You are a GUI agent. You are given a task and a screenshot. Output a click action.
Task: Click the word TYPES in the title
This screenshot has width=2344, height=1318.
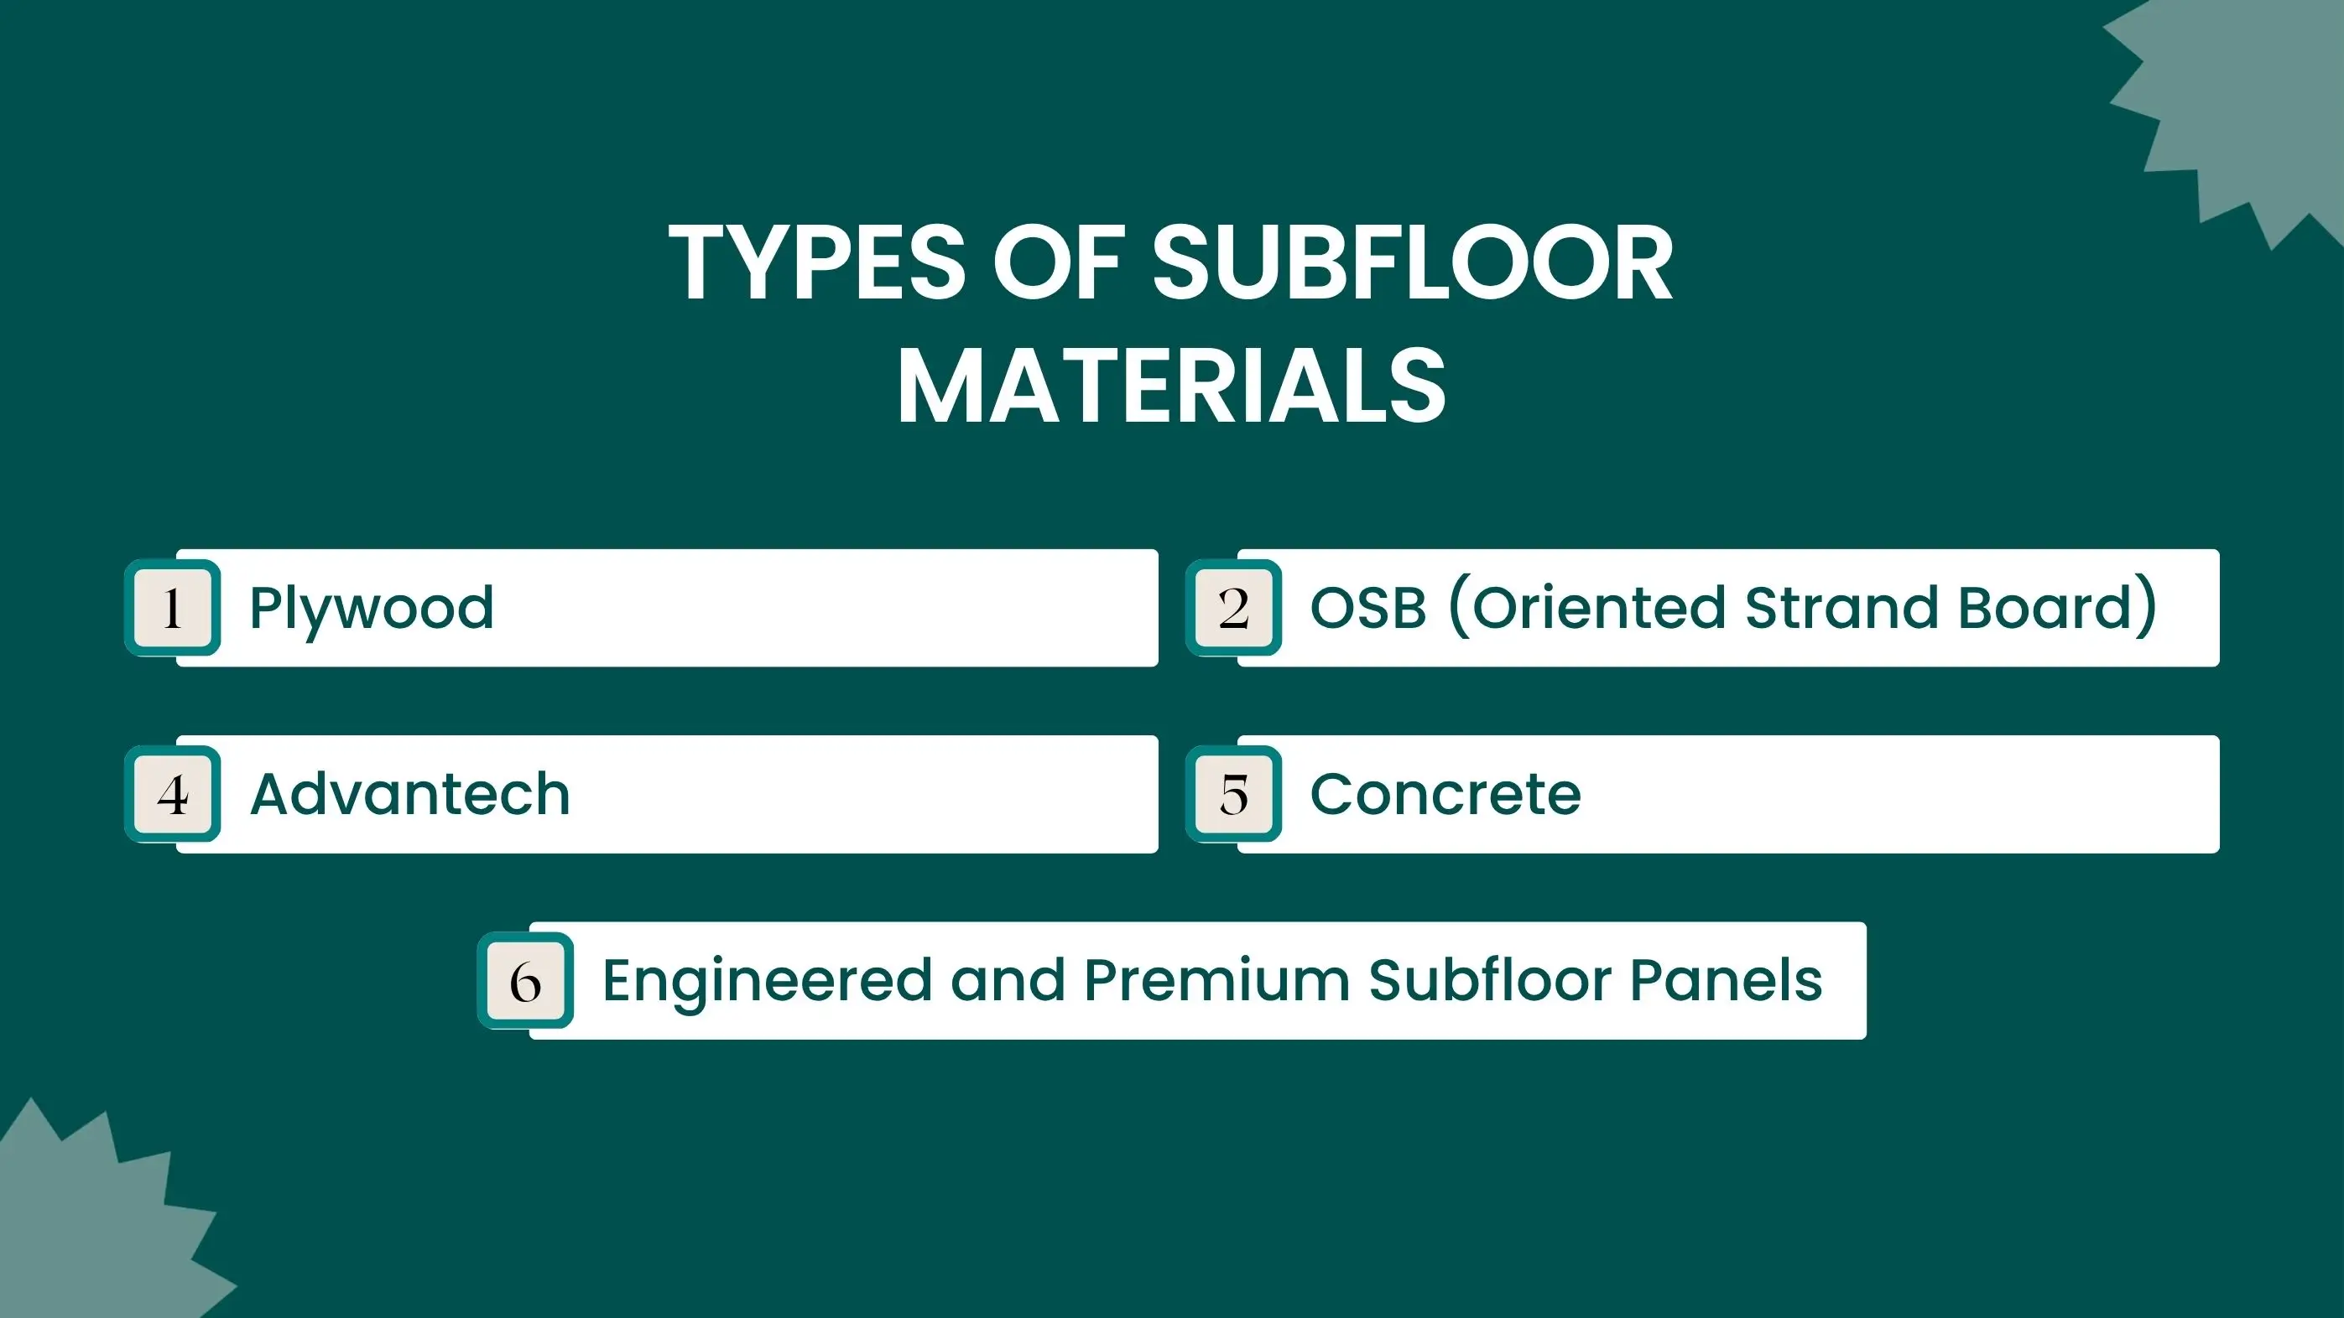point(817,263)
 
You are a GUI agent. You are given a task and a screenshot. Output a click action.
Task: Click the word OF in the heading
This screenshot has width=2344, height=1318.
point(1060,263)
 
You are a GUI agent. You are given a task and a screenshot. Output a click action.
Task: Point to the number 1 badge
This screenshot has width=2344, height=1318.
point(173,608)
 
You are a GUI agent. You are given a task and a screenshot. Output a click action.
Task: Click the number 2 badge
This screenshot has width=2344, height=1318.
point(1234,608)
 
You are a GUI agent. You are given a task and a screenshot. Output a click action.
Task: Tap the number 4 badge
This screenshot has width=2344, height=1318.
point(173,794)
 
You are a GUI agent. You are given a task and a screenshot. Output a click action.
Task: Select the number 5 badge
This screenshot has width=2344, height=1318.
point(1234,794)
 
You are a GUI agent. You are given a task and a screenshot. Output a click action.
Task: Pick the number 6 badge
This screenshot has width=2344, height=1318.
point(526,981)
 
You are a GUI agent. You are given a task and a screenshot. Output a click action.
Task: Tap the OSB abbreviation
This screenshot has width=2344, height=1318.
point(1368,608)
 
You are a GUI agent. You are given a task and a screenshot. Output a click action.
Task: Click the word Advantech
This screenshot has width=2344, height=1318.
point(410,794)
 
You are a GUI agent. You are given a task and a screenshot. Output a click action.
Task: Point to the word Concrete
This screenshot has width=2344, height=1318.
point(1445,795)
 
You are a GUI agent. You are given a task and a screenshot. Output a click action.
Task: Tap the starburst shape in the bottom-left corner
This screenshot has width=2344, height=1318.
point(100,1219)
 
